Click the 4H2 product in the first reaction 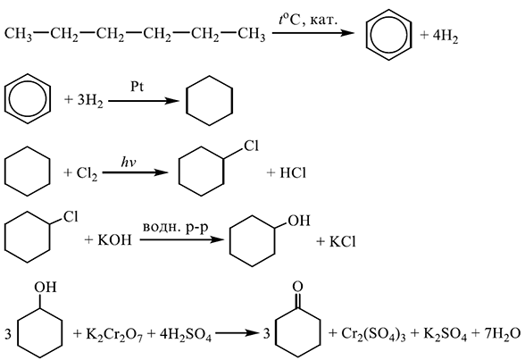446,36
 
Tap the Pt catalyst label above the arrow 137,87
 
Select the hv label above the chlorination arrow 129,163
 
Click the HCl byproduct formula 292,172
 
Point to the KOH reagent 114,240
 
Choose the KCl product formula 342,241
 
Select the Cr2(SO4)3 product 373,335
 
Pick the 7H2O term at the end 503,335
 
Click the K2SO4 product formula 445,335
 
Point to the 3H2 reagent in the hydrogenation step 90,101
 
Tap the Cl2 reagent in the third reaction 87,174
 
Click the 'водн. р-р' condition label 175,229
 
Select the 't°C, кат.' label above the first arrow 308,21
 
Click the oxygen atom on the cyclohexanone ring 297,287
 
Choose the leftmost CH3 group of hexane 19,35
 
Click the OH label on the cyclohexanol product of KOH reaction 298,221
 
